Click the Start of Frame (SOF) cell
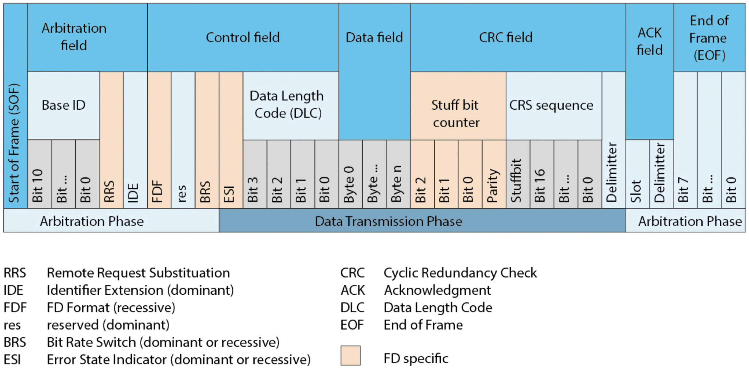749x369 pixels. coord(15,116)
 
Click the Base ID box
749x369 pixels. coord(63,105)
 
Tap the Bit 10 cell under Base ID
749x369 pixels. coord(39,174)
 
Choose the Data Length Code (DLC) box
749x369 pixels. coord(290,105)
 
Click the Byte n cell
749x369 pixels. coord(398,174)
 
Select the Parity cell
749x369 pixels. coord(494,174)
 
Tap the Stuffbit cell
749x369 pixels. coord(517,174)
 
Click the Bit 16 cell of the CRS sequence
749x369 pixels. coord(541,174)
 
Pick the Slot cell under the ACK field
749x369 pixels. coord(637,174)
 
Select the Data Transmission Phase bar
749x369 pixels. coord(422,221)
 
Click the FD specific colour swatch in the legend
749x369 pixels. coord(350,355)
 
